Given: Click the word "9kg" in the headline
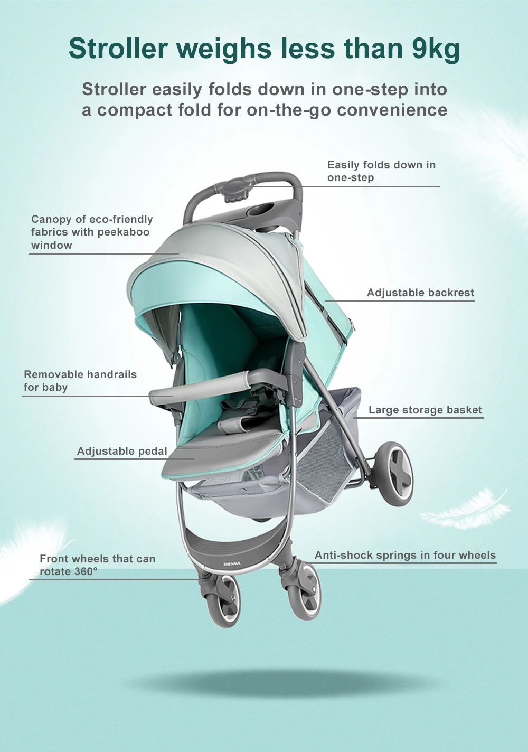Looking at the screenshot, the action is tap(436, 49).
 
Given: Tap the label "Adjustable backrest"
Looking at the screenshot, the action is tap(420, 293).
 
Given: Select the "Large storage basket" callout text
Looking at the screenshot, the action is tap(425, 410).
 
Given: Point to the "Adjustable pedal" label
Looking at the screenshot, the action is tap(122, 451).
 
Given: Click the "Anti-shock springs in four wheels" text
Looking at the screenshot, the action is tap(405, 555).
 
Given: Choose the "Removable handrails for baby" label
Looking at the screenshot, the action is tap(80, 381).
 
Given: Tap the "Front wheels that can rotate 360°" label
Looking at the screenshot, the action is tap(97, 565).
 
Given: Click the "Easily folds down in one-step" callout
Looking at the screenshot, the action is tap(381, 171).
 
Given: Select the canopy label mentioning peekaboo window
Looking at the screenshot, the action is tap(91, 232).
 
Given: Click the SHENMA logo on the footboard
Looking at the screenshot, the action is tap(232, 564).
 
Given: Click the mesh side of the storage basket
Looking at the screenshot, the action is tap(317, 465).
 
